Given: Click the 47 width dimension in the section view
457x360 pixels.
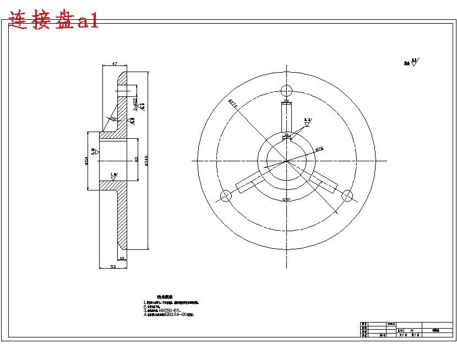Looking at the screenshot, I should tap(115, 64).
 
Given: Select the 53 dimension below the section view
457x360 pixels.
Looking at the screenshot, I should tap(113, 266).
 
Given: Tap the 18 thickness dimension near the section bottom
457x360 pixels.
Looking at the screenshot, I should tap(122, 258).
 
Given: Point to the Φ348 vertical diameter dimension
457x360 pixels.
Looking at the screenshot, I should tap(146, 160).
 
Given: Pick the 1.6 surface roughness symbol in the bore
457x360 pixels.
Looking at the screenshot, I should tap(113, 175).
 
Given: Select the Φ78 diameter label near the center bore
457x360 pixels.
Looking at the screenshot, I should tap(319, 149).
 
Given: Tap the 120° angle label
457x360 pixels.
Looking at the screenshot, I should tap(286, 199).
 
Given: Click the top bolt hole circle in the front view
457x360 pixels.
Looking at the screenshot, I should tap(286, 91).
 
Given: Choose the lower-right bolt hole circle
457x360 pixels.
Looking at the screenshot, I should tap(347, 195).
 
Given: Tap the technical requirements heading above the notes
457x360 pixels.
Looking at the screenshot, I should tap(165, 297).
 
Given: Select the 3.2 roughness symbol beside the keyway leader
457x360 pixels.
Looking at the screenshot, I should tap(308, 121).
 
